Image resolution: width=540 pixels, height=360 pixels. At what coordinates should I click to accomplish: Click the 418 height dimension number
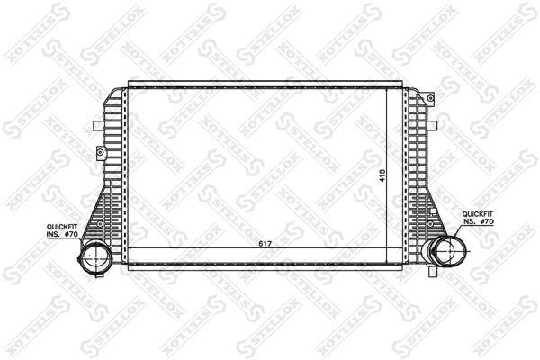tap(382, 175)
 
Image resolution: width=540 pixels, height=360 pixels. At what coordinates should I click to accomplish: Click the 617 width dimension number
tap(265, 244)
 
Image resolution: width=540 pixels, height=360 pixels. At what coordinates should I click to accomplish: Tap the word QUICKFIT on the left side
tap(62, 227)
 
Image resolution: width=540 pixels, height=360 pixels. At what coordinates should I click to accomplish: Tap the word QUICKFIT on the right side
tap(478, 214)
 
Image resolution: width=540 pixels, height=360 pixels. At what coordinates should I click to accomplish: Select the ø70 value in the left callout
tap(72, 234)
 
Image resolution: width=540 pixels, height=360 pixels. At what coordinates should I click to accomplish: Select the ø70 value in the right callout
tap(487, 221)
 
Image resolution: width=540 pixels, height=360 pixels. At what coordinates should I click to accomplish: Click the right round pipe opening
tap(450, 251)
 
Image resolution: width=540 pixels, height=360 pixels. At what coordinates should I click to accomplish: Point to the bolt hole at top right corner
tap(430, 98)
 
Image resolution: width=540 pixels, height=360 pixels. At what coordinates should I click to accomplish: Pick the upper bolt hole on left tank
tap(101, 151)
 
